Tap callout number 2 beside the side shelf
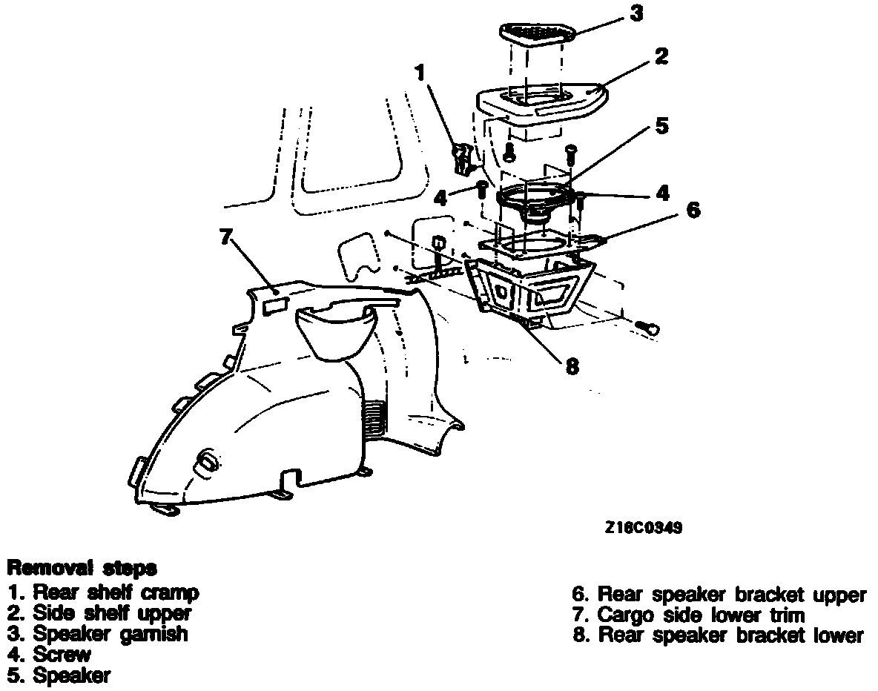pyautogui.click(x=661, y=56)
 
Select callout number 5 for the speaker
pyautogui.click(x=661, y=125)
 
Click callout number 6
pyautogui.click(x=692, y=210)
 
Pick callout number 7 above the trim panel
pyautogui.click(x=225, y=237)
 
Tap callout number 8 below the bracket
pyautogui.click(x=572, y=366)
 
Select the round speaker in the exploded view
pyautogui.click(x=536, y=202)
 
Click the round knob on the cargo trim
pyautogui.click(x=207, y=462)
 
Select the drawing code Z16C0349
pyautogui.click(x=643, y=528)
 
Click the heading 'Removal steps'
pyautogui.click(x=82, y=569)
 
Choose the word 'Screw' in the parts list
pyautogui.click(x=62, y=655)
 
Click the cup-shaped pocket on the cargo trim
pyautogui.click(x=336, y=331)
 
